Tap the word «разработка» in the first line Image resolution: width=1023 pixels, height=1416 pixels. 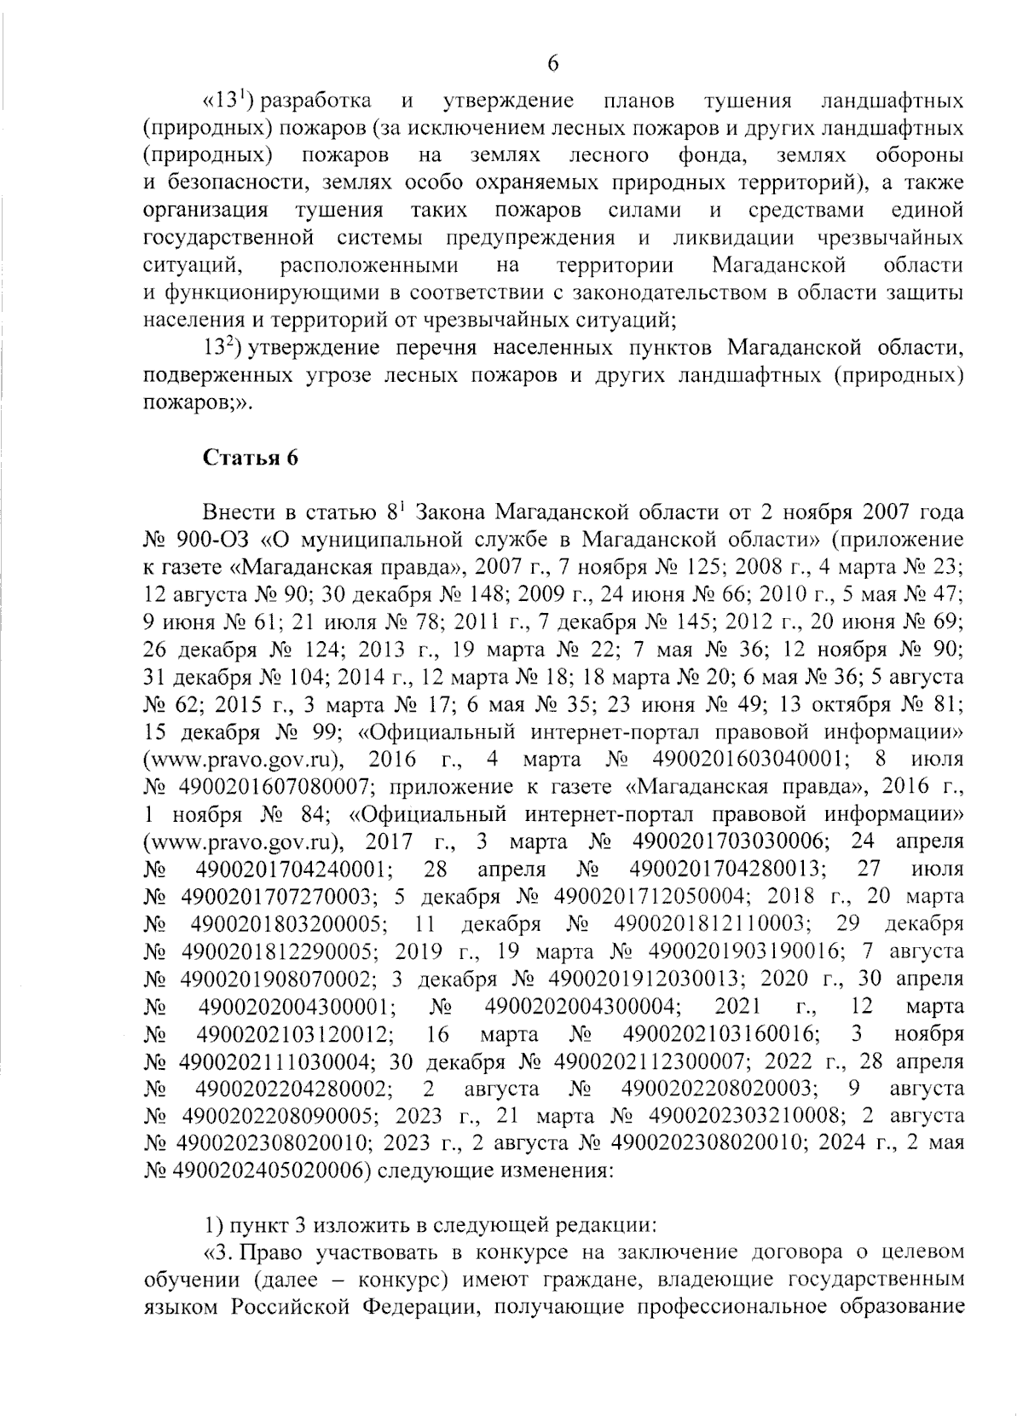click(x=315, y=101)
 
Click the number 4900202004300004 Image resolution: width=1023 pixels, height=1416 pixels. click(x=582, y=1006)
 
